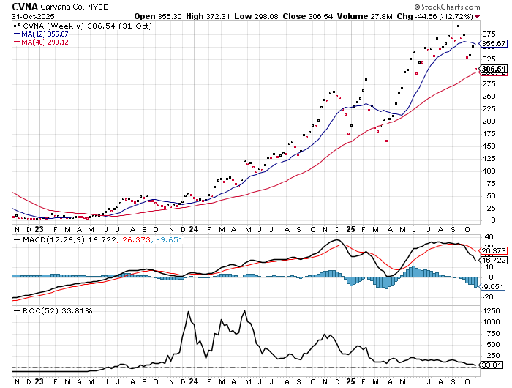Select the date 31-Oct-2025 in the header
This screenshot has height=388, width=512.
click(26, 17)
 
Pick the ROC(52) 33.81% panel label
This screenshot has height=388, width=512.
click(47, 310)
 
